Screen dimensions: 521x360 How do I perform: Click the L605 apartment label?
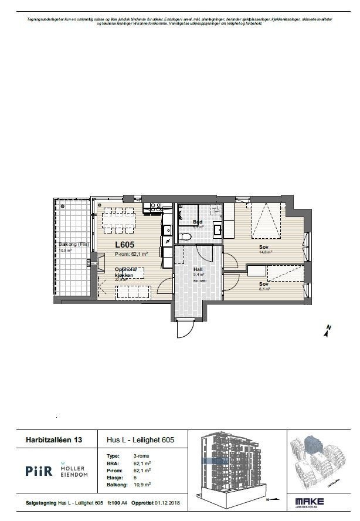click(x=125, y=245)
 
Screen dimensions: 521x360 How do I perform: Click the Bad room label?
click(x=198, y=222)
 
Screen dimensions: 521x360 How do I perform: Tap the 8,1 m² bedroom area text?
click(x=265, y=289)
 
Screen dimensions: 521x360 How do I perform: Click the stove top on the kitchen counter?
click(x=156, y=207)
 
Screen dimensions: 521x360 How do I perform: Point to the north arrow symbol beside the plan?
click(x=327, y=331)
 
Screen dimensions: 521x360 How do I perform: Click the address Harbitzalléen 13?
click(x=53, y=439)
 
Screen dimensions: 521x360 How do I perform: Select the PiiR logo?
click(x=39, y=471)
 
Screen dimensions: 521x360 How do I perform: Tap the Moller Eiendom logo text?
click(x=74, y=471)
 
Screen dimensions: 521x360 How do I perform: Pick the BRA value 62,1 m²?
click(x=142, y=463)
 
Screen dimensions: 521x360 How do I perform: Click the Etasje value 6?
click(x=135, y=478)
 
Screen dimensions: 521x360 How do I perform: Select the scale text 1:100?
click(x=113, y=503)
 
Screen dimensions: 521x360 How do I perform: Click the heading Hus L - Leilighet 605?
click(x=140, y=439)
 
